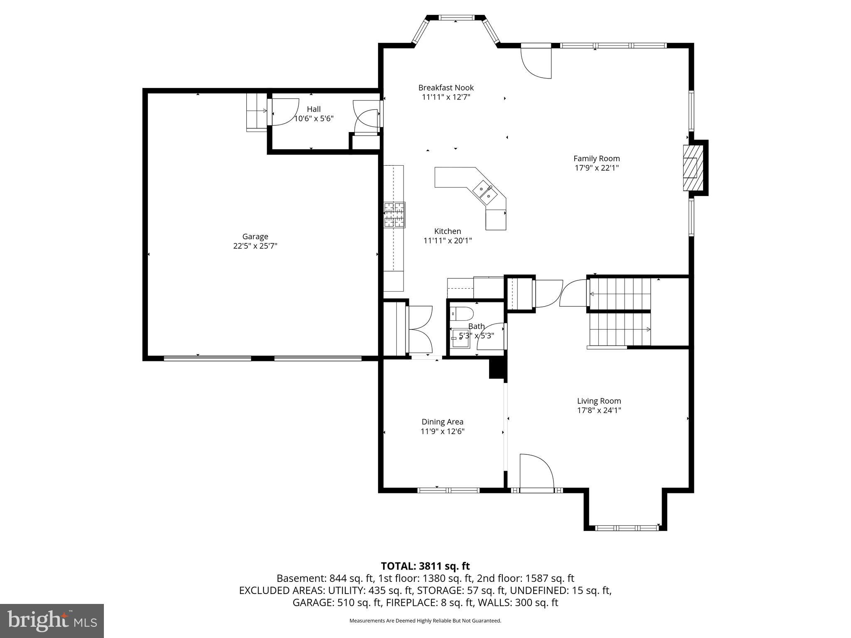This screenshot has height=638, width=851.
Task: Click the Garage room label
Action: (255, 237)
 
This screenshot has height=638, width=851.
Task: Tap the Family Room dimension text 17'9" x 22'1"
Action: (597, 168)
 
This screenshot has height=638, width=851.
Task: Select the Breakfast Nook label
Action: (446, 88)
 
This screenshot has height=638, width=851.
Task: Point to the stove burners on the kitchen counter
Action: (394, 214)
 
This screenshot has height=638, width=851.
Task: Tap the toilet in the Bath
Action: (462, 313)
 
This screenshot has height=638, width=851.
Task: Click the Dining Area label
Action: (442, 422)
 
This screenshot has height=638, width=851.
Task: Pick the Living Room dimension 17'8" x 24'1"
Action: (599, 410)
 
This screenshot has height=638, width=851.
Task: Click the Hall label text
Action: (314, 109)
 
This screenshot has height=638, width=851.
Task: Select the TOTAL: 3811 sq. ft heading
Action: (425, 566)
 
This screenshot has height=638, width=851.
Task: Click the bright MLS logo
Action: (52, 621)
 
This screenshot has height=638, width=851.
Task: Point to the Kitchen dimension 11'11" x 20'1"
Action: (448, 240)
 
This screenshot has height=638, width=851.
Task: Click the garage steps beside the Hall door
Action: (257, 112)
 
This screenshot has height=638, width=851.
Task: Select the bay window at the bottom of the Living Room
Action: (627, 528)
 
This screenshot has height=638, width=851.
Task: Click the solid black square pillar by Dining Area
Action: (497, 369)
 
